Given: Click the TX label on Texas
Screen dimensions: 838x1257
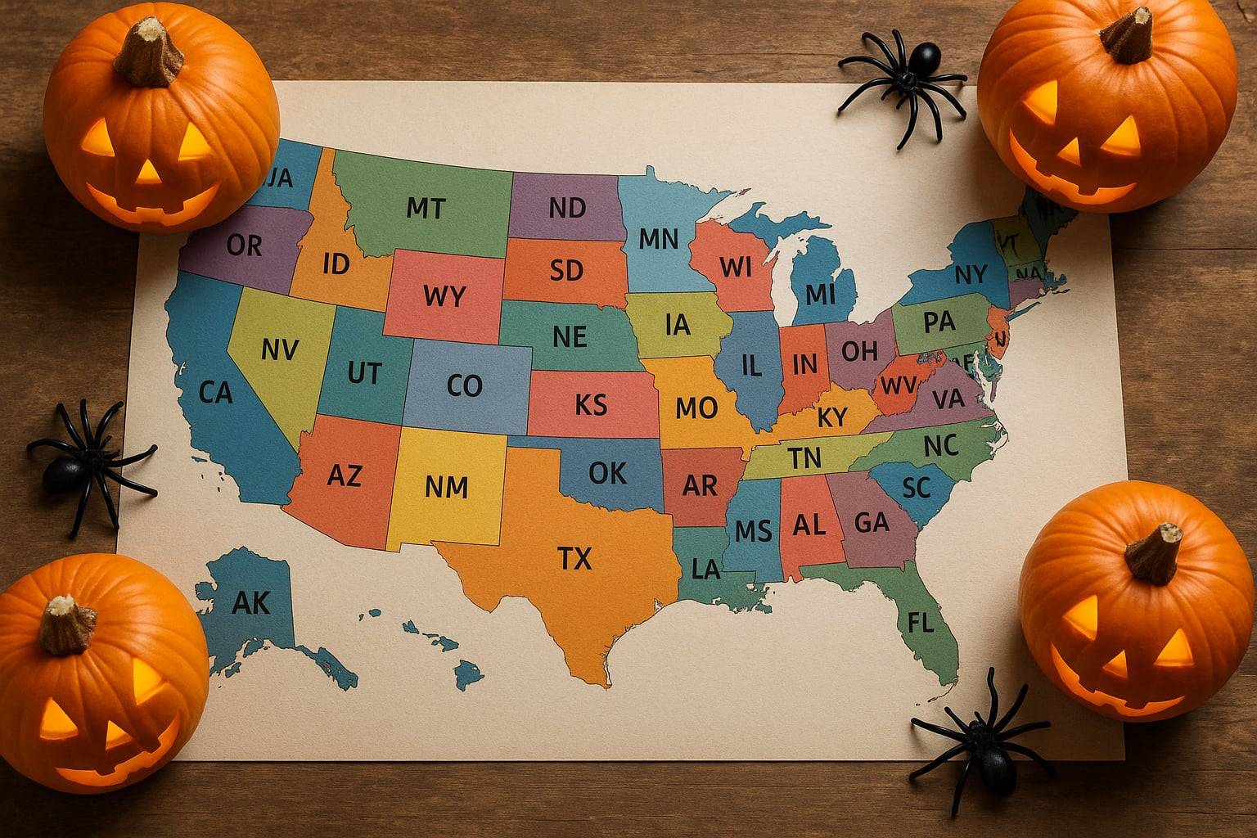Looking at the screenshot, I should (x=574, y=558).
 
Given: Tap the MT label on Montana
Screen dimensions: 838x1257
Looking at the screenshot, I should (x=426, y=208).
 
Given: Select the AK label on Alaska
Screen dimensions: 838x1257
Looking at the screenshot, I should (x=250, y=602).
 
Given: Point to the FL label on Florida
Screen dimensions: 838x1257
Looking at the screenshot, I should (x=921, y=624).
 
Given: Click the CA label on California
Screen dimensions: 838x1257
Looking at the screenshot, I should (x=216, y=393).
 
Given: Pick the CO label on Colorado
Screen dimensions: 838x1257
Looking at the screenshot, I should (x=465, y=385).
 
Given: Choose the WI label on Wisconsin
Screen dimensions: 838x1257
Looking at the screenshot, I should (x=735, y=266).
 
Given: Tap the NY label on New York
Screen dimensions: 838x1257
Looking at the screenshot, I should (x=971, y=275).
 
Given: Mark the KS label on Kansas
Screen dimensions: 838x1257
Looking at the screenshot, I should (x=591, y=404).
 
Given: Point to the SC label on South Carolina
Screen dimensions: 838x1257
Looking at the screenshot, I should (x=917, y=488).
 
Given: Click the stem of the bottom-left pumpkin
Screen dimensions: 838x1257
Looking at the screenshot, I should (x=67, y=624).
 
